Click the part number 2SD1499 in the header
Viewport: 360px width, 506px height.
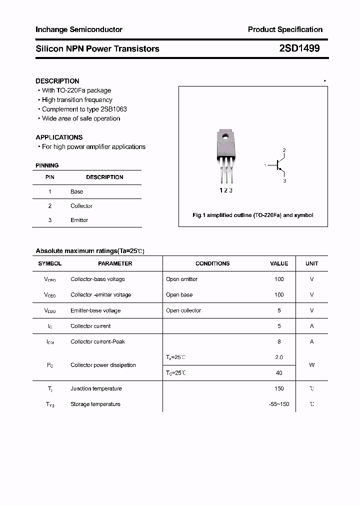(x=299, y=48)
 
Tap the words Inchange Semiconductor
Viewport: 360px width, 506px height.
(x=79, y=29)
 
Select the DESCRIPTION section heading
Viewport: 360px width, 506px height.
(x=57, y=81)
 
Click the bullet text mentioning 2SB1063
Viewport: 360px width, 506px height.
(x=84, y=109)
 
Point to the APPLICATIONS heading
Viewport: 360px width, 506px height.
(x=59, y=137)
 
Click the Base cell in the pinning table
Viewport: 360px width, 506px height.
(x=77, y=191)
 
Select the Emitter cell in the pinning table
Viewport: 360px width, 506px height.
(x=79, y=220)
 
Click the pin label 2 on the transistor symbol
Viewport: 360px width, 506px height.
(x=284, y=150)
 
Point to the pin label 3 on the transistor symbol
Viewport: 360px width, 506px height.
(x=284, y=180)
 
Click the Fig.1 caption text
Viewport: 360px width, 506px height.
(x=253, y=215)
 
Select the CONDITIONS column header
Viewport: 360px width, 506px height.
(x=212, y=263)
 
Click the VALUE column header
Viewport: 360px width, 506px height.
(x=279, y=263)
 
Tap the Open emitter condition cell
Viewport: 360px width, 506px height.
(x=181, y=279)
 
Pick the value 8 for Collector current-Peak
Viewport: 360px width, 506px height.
(x=279, y=341)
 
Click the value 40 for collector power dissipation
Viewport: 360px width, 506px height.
(x=279, y=372)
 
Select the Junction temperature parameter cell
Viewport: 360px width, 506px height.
(x=96, y=388)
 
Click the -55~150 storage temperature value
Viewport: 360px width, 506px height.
(x=279, y=404)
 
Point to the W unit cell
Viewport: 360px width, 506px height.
(x=311, y=365)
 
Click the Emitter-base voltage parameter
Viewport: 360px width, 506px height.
(x=95, y=310)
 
